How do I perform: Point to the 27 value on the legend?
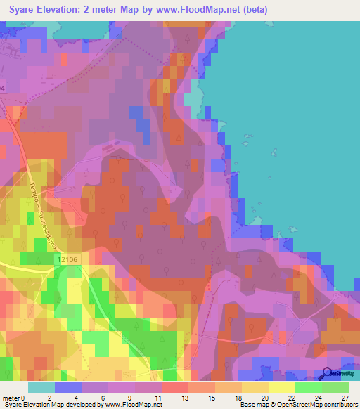coord(345,397)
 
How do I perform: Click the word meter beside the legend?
coord(11,397)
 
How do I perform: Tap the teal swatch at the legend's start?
coord(41,387)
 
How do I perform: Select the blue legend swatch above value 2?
coord(68,387)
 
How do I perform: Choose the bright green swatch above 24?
coord(309,387)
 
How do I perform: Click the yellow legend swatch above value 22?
coord(282,387)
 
